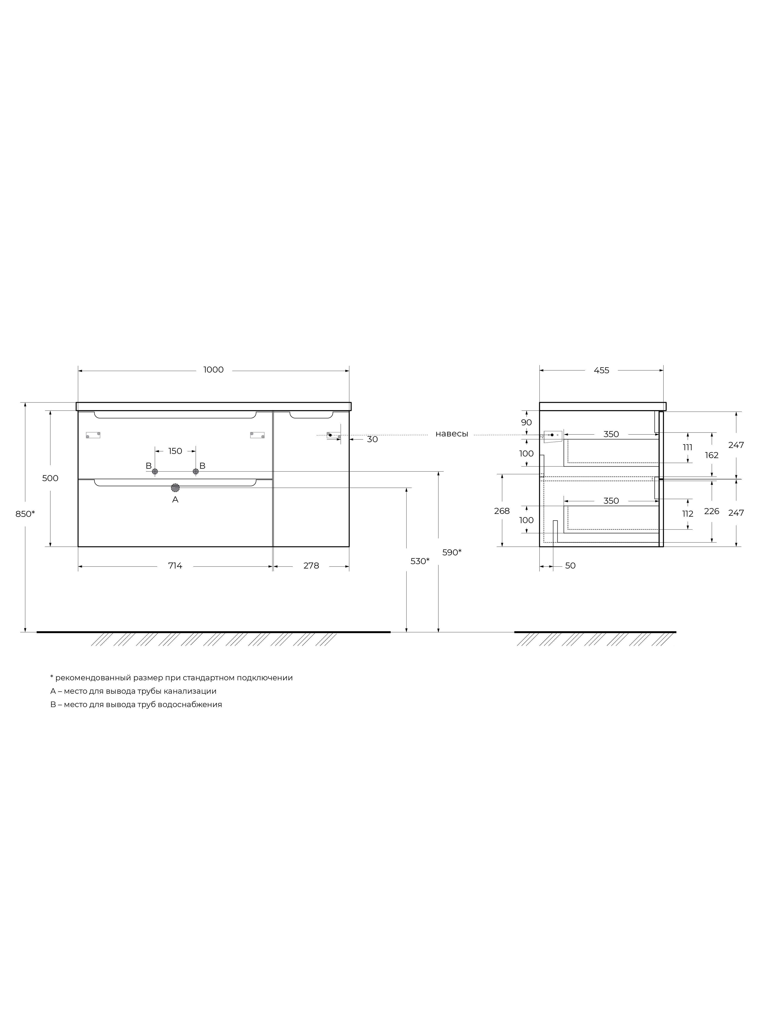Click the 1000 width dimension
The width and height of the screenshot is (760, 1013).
(x=213, y=370)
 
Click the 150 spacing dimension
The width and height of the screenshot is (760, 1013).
(x=175, y=451)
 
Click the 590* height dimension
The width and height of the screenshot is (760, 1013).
(x=451, y=552)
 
